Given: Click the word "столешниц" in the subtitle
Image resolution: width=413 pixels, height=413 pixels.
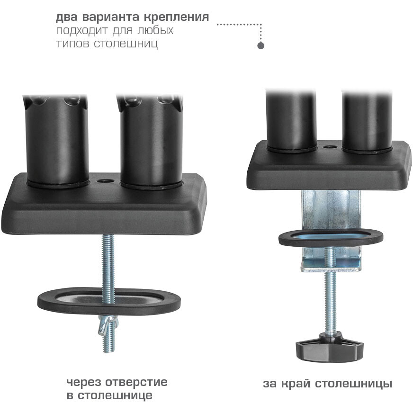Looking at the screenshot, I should pos(126,44).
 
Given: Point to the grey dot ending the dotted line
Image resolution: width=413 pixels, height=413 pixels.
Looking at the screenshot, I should pos(260,46).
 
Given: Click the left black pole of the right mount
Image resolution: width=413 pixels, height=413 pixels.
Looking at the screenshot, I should pos(291,121).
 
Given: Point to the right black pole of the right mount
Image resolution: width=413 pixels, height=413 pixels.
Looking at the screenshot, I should pos(367,121).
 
